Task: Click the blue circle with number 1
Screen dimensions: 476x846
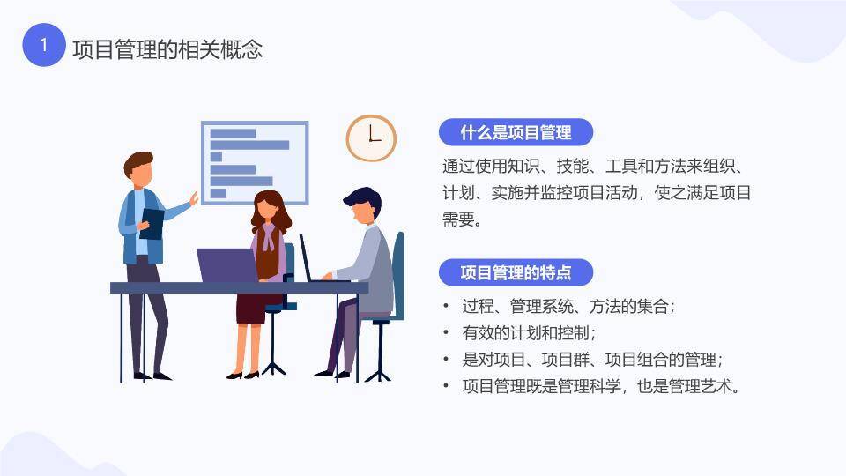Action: [x=44, y=45]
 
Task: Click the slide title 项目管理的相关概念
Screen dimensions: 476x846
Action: [x=167, y=48]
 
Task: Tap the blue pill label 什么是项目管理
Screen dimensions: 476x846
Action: [x=516, y=133]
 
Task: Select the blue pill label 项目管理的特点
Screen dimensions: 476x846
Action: [x=516, y=272]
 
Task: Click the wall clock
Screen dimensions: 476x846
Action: [x=371, y=138]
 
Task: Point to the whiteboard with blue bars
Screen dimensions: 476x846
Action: [x=256, y=163]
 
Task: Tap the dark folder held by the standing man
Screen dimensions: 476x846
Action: [x=152, y=223]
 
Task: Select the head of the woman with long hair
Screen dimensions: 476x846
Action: [x=267, y=210]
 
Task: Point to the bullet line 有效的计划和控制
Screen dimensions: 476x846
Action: [x=529, y=333]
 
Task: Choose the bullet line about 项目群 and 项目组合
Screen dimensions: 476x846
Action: [x=591, y=360]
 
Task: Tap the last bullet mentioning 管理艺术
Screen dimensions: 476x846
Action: [x=600, y=386]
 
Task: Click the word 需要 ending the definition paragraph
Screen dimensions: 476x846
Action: [x=460, y=219]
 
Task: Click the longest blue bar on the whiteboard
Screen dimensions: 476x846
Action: [x=249, y=145]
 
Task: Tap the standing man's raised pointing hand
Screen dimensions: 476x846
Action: [x=193, y=199]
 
